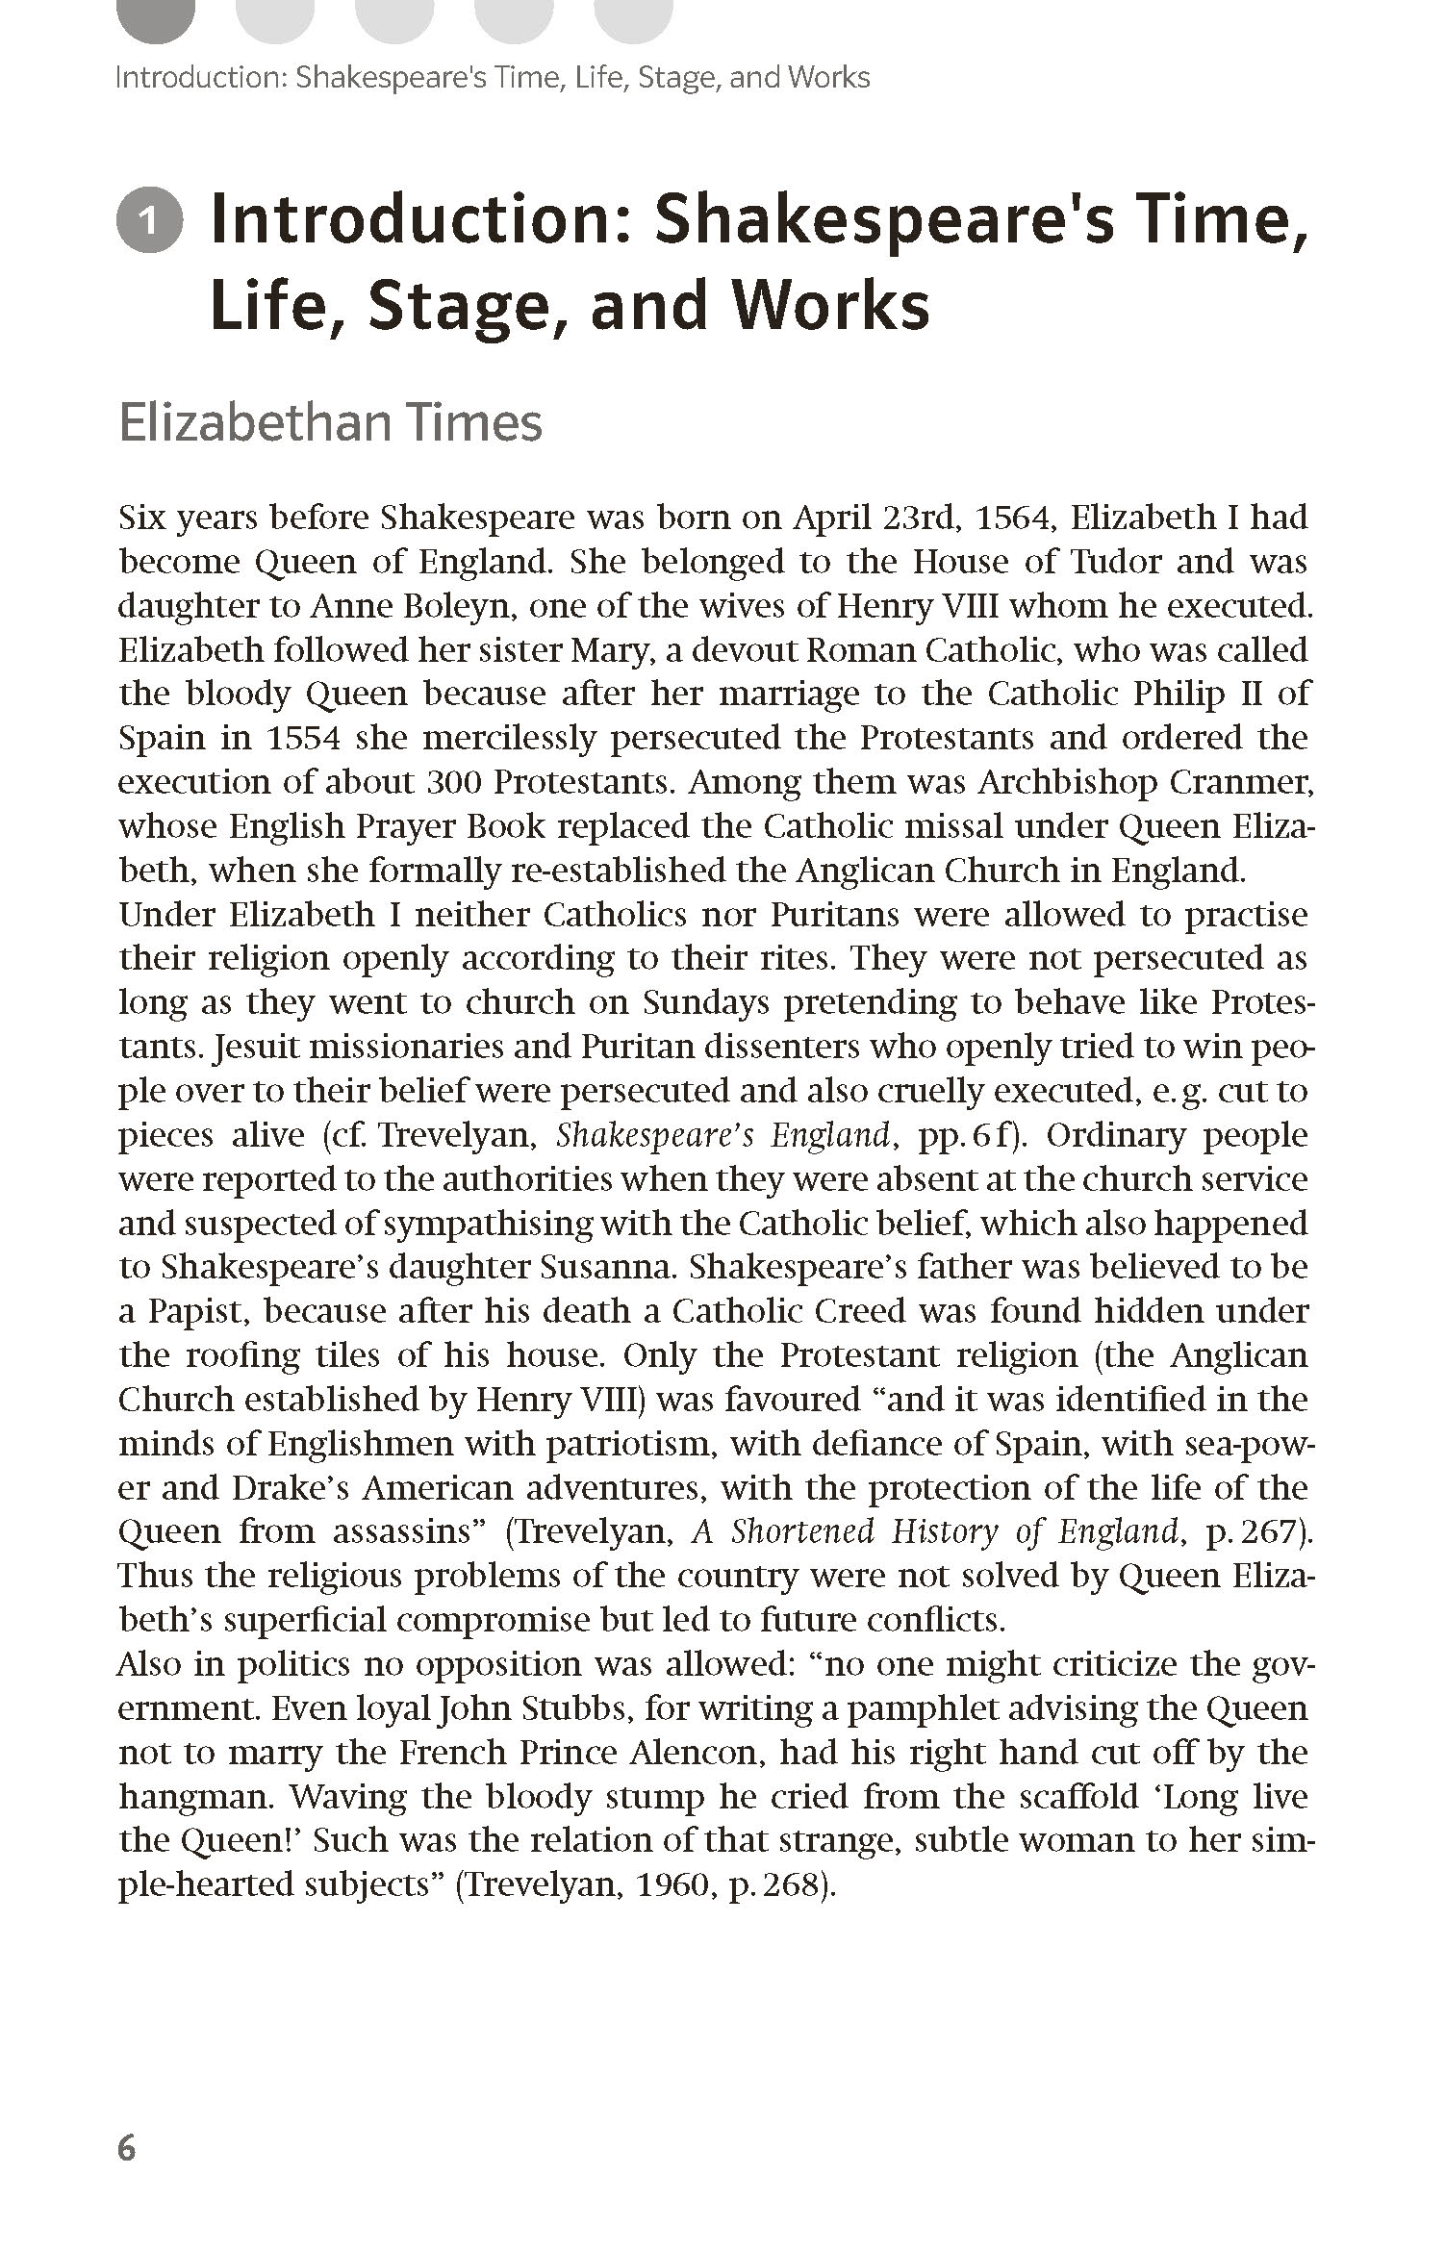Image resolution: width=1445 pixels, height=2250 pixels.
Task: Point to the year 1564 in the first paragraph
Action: [x=1016, y=518]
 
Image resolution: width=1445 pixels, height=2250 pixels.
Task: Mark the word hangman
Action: [x=195, y=1798]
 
